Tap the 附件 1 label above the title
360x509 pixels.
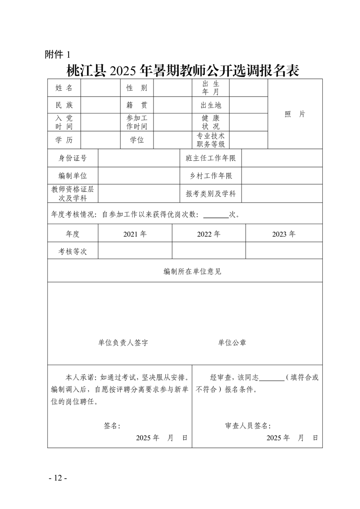point(58,54)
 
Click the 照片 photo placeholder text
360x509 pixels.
point(295,114)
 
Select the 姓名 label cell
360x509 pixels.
point(64,88)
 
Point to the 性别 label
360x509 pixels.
point(137,88)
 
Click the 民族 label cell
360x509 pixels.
point(64,105)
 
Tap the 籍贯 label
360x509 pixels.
point(137,105)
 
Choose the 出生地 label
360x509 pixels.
point(211,105)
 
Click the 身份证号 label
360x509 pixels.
point(73,158)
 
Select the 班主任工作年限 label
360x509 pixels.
point(211,158)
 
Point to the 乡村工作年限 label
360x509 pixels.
point(211,176)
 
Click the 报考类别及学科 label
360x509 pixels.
point(211,194)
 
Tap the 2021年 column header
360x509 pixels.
point(135,234)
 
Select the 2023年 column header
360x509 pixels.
point(284,234)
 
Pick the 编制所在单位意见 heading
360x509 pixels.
point(192,271)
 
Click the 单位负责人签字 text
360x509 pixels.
point(123,343)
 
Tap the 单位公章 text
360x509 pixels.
point(232,343)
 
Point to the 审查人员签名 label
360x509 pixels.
point(248,426)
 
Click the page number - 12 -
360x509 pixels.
point(58,478)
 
